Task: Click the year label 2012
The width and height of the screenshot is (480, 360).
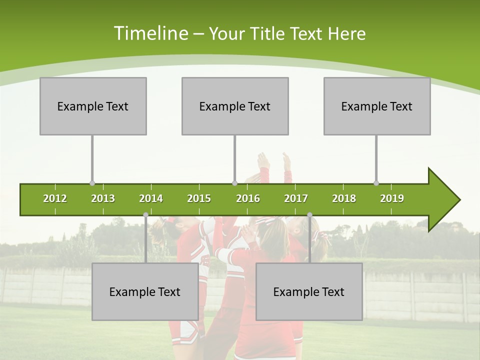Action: tap(55, 198)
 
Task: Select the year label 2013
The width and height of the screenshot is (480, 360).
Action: tap(103, 198)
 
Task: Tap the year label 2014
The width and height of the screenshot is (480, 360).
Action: tap(151, 198)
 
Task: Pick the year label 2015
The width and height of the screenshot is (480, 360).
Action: tap(199, 198)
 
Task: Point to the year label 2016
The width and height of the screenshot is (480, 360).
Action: tap(248, 198)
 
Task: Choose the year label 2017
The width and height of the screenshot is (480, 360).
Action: tap(296, 198)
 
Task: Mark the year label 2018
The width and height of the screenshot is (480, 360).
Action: tap(344, 198)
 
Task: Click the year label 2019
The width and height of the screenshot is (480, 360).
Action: tap(392, 198)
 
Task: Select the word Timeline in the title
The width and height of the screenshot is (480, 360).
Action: tap(150, 33)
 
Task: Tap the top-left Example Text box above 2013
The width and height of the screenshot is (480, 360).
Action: tap(93, 106)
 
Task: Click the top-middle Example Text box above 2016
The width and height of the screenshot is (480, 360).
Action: tap(235, 106)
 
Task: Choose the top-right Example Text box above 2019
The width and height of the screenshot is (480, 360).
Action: tap(377, 106)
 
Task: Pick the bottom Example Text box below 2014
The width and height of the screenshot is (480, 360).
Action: tap(145, 291)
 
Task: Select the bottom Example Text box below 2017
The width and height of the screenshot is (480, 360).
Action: tap(309, 291)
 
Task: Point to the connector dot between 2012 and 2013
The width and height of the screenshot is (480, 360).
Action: tap(92, 183)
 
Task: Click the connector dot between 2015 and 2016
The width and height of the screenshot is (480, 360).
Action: tap(234, 183)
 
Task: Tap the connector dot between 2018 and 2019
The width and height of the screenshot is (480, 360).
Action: tap(376, 183)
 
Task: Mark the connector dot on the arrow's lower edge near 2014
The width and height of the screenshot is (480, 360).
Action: tap(145, 215)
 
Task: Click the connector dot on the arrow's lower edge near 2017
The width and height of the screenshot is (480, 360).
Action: tap(309, 215)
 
